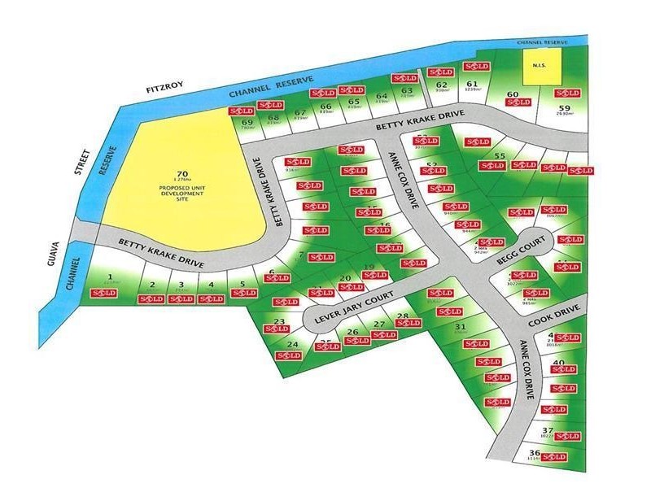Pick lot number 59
567,107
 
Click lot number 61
472,85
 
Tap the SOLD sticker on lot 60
518,102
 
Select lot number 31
459,326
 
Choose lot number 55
500,156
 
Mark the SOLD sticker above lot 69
241,111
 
